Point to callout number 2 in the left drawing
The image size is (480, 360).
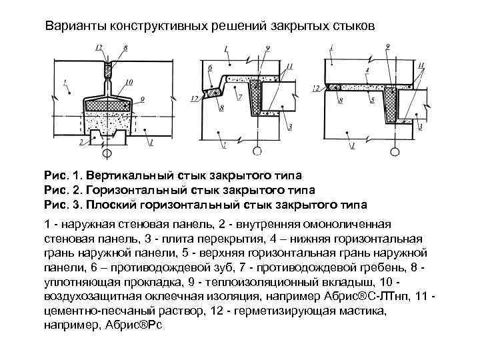(x=81, y=142)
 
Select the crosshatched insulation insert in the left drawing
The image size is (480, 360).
(x=107, y=104)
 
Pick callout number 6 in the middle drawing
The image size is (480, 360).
(x=209, y=68)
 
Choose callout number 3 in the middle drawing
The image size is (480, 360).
(x=288, y=126)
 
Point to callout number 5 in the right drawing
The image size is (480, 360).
(x=373, y=99)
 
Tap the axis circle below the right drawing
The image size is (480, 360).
(x=396, y=152)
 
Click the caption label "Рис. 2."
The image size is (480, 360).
(x=63, y=191)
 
